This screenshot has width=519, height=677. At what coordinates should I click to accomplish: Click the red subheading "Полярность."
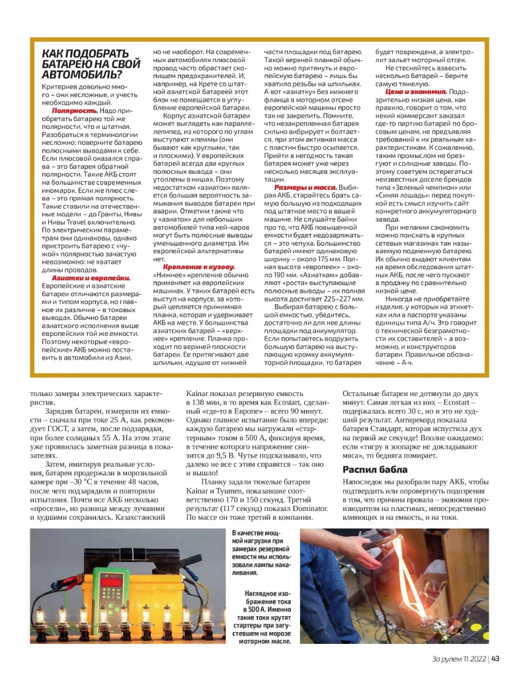coord(75,110)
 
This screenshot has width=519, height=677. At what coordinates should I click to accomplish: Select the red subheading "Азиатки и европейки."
coord(91,278)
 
